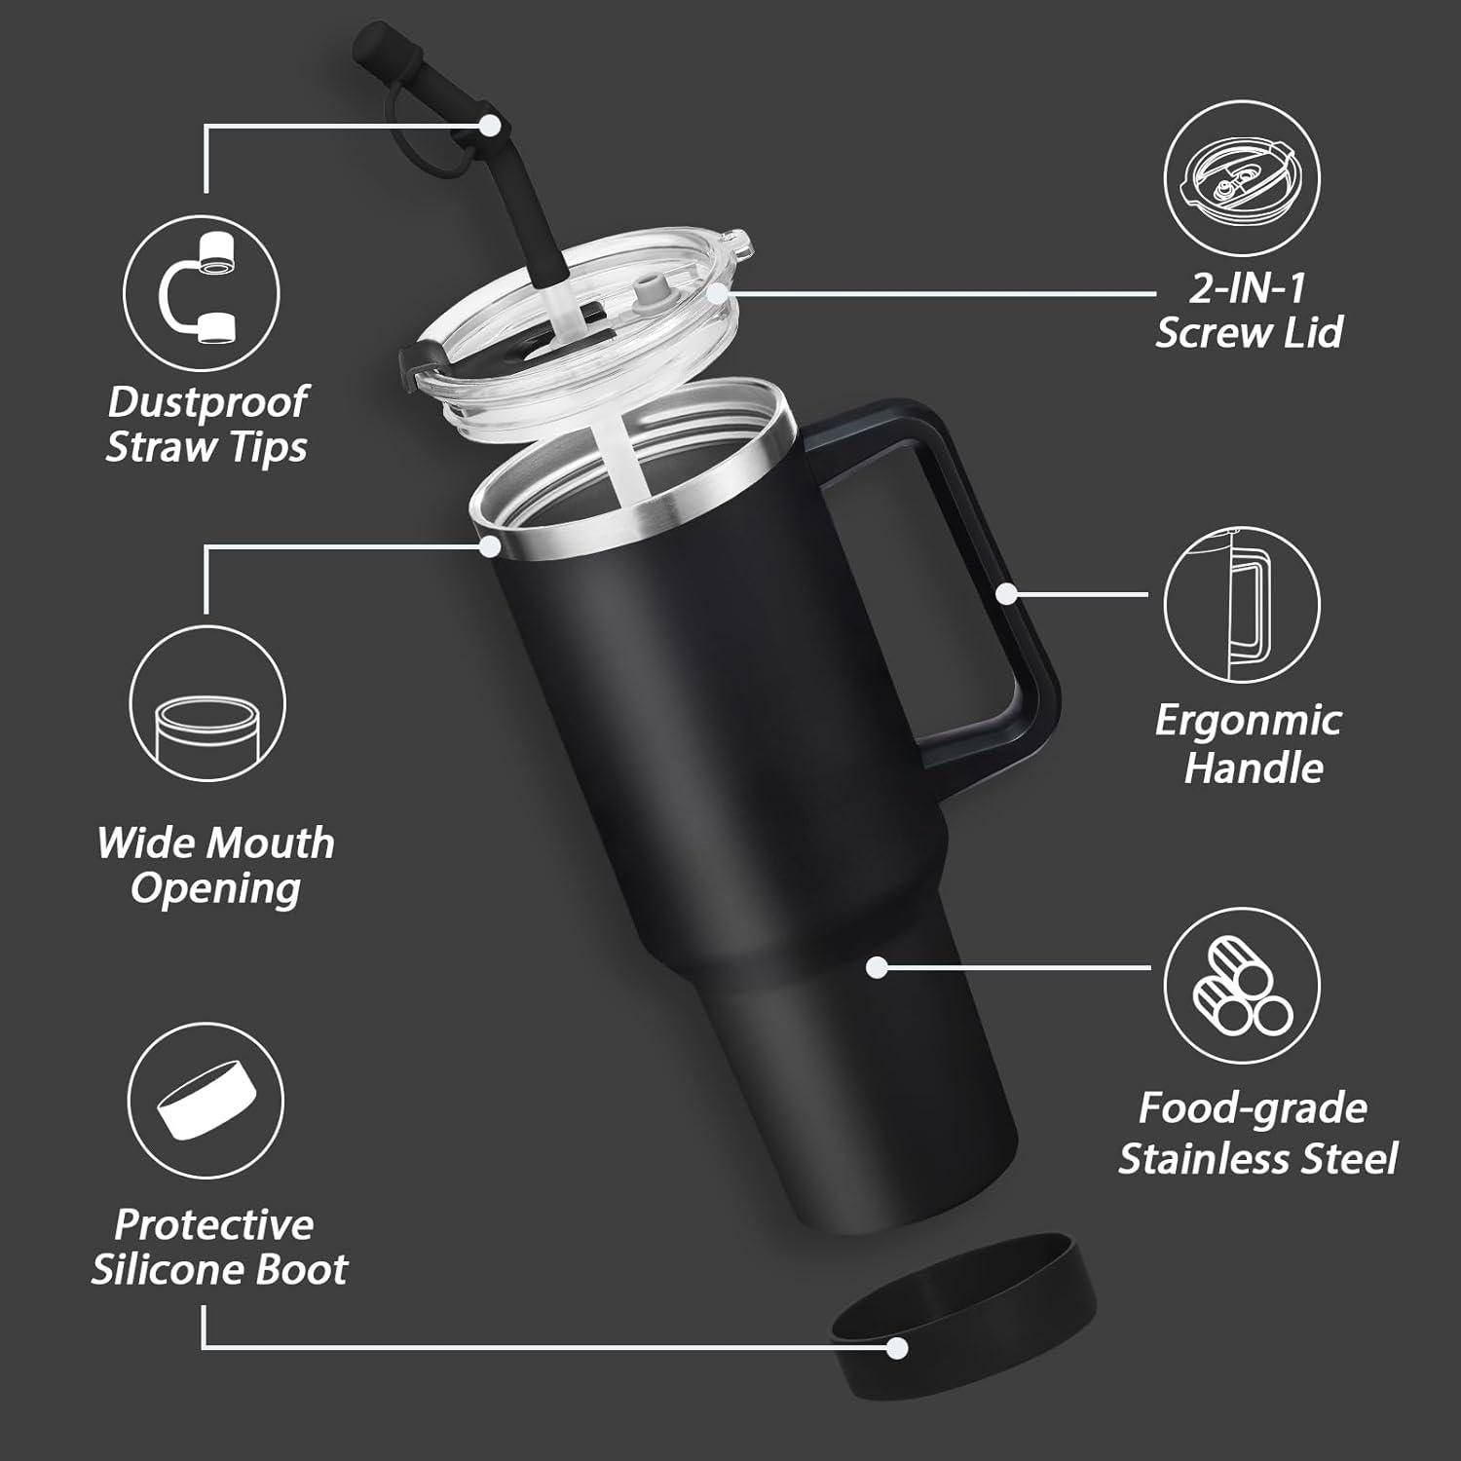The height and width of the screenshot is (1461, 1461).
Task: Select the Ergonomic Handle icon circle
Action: click(x=1242, y=604)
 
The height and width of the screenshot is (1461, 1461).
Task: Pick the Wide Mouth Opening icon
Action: click(x=206, y=704)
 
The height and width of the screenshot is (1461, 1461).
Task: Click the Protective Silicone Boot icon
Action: click(x=206, y=1100)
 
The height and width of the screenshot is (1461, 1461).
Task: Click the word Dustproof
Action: click(x=207, y=401)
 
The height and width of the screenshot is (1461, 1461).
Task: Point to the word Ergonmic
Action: click(x=1248, y=721)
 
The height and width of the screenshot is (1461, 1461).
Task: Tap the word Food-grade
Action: click(x=1253, y=1108)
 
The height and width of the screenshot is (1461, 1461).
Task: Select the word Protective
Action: click(x=214, y=1224)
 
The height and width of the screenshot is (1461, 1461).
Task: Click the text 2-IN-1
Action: click(x=1247, y=288)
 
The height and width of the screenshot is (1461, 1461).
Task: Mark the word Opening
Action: click(x=215, y=889)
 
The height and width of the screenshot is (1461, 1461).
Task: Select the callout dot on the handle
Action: click(x=1007, y=593)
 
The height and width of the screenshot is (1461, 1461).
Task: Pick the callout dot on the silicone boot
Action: click(x=897, y=1348)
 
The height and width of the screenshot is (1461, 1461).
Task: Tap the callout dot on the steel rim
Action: click(x=490, y=545)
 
